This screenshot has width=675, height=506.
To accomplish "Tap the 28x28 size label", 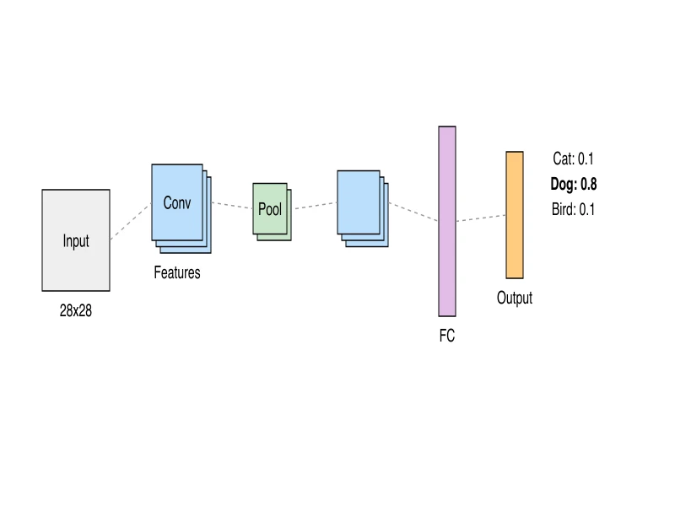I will coord(76,310).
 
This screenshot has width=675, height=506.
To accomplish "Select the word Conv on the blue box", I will coord(177,203).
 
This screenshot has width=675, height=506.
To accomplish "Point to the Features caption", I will coord(177,273).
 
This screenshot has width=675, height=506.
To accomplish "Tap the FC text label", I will coord(447,336).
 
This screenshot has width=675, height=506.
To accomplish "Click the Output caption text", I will coord(515,298).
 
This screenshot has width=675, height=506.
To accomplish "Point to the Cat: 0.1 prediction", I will coord(574,159).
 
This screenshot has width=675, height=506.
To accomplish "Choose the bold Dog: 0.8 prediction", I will coord(574,184).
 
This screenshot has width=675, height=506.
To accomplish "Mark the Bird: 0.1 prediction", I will coord(574,209).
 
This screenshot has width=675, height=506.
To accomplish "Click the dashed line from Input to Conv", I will coord(131,222).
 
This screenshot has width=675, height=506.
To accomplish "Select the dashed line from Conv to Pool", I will coord(232,205).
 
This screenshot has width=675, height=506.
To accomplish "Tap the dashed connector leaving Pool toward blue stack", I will coord(314,205).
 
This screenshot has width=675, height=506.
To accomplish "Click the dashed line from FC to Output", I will coord(481,218).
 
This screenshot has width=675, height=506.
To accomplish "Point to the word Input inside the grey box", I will coord(76,241).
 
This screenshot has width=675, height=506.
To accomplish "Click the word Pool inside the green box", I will coord(270,209).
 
